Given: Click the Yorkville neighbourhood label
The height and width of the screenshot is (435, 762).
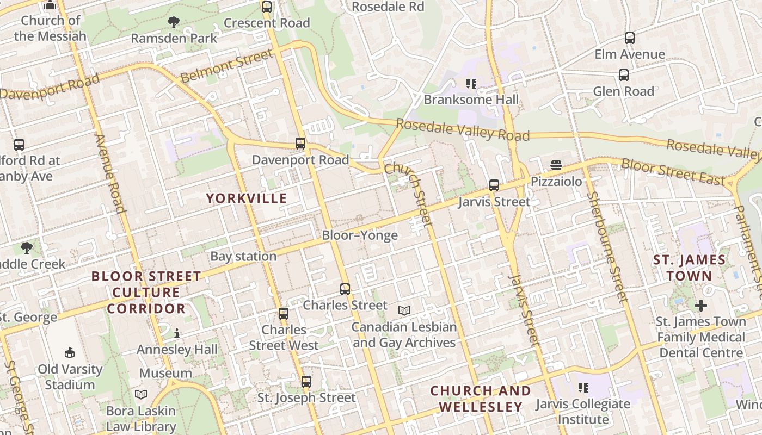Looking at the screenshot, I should pyautogui.click(x=246, y=198).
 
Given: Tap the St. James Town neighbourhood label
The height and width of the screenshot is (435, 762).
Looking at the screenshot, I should pyautogui.click(x=690, y=268).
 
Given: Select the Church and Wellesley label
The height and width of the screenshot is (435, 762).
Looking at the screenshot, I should pyautogui.click(x=481, y=399).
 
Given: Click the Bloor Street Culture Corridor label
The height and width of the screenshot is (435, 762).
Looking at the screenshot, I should pyautogui.click(x=146, y=293).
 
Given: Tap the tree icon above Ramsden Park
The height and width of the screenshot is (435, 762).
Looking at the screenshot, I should pyautogui.click(x=174, y=22).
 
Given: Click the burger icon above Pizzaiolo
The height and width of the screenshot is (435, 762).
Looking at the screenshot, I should pyautogui.click(x=556, y=165).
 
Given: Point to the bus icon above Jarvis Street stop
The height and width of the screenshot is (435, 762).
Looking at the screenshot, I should pyautogui.click(x=494, y=185).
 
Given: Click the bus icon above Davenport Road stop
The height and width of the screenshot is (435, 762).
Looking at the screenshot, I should pyautogui.click(x=300, y=144).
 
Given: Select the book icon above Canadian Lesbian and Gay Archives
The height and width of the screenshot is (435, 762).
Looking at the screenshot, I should pyautogui.click(x=404, y=310).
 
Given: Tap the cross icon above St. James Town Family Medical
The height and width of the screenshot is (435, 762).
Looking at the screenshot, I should pyautogui.click(x=700, y=305).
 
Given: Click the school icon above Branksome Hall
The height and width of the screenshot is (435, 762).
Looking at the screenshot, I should pyautogui.click(x=471, y=84).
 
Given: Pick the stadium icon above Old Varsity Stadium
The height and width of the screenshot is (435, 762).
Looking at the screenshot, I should pyautogui.click(x=70, y=353).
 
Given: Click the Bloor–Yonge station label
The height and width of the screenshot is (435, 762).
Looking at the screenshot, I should pyautogui.click(x=360, y=235).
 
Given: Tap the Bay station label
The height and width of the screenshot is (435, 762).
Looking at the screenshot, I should pyautogui.click(x=243, y=256).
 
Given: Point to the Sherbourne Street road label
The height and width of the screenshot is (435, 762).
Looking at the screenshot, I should pyautogui.click(x=607, y=247).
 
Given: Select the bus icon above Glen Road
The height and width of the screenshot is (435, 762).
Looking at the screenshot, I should pyautogui.click(x=624, y=75).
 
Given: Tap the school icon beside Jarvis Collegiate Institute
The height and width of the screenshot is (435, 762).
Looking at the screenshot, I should pyautogui.click(x=583, y=388).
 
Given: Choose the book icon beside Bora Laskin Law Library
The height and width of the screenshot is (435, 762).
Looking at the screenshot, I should pyautogui.click(x=141, y=394).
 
